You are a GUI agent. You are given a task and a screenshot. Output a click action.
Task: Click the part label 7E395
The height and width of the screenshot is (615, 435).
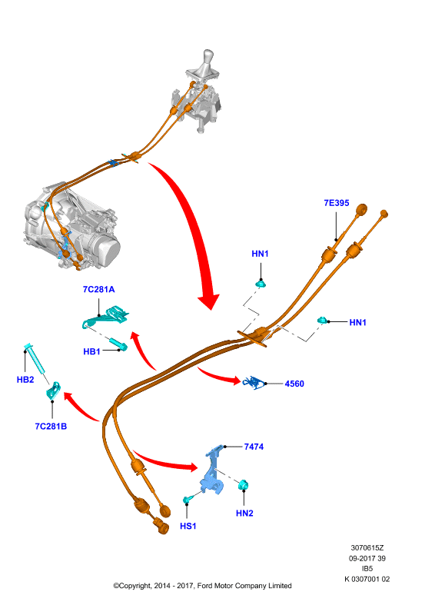336,203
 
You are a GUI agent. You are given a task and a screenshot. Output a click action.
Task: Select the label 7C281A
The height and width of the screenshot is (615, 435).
98,290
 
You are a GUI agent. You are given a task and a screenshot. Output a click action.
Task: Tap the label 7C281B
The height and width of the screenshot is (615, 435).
51,427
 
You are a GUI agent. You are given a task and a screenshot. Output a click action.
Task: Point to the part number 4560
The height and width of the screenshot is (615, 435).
294,384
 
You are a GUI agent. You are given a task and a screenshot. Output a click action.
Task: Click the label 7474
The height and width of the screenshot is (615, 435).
254,447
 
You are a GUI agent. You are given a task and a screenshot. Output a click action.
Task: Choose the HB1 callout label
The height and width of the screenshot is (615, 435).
91,352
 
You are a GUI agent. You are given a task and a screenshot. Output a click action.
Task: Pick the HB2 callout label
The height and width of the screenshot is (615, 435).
25,380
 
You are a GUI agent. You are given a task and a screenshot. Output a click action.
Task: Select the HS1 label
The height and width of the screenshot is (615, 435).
188,526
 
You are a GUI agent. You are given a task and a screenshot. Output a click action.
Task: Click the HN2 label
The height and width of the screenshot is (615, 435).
244,513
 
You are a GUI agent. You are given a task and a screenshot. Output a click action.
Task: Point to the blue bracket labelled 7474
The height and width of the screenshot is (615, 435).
213,470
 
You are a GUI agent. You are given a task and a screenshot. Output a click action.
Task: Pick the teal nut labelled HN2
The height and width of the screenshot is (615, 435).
244,485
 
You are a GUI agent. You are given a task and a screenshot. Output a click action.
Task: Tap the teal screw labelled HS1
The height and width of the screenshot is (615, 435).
188,499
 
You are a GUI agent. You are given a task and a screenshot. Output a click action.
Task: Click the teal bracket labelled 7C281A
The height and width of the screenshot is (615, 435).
106,317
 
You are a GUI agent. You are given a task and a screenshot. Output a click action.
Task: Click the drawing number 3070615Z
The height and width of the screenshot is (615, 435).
367,548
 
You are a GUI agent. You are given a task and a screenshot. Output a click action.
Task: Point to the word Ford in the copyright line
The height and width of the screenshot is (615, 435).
204,586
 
